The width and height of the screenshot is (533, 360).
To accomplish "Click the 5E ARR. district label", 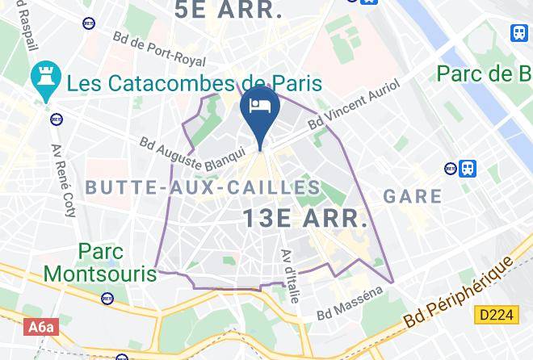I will point(229,10).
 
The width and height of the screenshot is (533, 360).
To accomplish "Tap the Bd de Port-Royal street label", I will point(160,49).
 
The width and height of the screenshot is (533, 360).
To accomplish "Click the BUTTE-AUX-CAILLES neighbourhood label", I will point(203,188).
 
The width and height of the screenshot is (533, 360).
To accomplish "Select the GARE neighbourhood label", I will point(413,196).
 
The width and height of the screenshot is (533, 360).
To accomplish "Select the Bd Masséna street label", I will point(350,302).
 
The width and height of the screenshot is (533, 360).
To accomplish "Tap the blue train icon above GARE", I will point(468,169).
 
